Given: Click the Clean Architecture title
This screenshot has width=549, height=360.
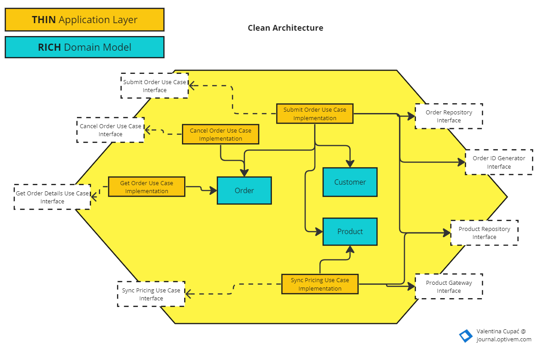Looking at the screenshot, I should coord(285,28).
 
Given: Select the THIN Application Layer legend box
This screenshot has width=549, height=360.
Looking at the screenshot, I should coord(85,20).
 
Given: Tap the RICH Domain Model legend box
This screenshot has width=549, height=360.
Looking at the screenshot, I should coord(85,47).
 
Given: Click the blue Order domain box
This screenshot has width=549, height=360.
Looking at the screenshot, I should coord(244,190).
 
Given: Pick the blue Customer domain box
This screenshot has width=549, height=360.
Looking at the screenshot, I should coord(350,182).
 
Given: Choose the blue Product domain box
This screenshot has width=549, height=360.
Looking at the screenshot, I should coord(350,231).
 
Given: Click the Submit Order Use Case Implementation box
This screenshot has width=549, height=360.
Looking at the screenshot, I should coord(315,114).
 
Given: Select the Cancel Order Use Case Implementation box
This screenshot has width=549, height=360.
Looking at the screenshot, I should coord(220,134).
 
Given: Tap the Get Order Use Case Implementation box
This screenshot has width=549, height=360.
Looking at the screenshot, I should coord(146,187).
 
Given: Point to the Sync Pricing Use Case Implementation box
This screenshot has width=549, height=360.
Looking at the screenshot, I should coord(319,284).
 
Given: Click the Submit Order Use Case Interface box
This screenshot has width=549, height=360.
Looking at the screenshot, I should coord(154,86).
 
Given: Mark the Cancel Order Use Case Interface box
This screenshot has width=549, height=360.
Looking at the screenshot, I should coord(110,130).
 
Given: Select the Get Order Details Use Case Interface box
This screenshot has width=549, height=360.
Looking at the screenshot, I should coord(52,197).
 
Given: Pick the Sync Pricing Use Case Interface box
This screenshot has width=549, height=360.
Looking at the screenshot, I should coord(151,294).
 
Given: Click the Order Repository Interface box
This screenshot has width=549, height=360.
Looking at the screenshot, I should coord(448,116).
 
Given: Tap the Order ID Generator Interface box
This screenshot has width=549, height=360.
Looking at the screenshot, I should coord(499,162).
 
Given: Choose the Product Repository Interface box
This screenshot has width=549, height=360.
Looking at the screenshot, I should coord(484,233).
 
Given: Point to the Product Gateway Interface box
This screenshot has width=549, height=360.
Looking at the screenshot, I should coord(448,287).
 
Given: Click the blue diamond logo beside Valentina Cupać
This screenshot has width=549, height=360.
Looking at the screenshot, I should coord(466,336).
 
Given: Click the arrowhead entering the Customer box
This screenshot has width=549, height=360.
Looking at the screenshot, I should coord(350,164).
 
